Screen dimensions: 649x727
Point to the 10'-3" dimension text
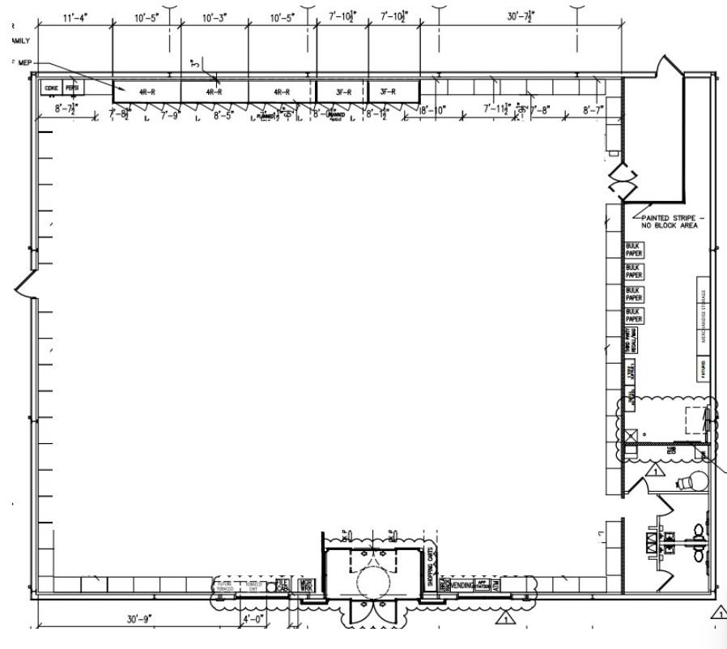(213, 16)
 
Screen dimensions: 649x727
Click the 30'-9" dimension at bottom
(139, 619)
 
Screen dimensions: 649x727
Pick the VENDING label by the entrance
(461, 584)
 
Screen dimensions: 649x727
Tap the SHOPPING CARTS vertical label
(431, 566)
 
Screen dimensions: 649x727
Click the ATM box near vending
(495, 584)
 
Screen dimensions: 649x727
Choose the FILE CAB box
(282, 584)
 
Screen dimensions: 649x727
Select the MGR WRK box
(306, 584)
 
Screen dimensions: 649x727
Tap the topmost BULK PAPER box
(633, 250)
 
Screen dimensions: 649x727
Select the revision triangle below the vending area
(505, 620)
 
